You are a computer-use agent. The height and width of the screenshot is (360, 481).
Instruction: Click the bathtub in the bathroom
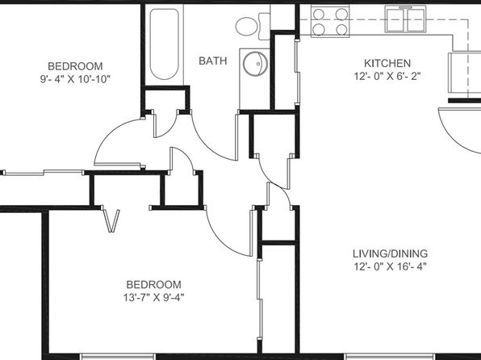coord(165,44)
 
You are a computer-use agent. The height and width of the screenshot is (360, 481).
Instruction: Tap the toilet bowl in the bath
coord(246,26)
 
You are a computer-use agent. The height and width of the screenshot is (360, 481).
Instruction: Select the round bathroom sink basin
coord(255,64)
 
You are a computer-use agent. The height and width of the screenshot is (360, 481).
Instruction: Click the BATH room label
coord(213,61)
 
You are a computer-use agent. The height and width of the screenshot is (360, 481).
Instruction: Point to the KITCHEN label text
coord(387,63)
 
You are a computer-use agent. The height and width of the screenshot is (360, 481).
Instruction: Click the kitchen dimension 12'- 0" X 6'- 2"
coord(387,76)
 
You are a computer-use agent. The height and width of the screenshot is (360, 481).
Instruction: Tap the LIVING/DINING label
coord(390,253)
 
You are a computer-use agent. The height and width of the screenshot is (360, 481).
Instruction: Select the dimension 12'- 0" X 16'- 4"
coord(390,266)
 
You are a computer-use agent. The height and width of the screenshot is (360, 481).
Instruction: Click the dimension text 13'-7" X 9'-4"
coord(153,297)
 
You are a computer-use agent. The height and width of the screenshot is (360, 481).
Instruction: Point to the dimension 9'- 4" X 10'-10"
coord(75,79)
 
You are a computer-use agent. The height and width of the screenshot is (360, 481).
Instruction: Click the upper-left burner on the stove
coord(319,14)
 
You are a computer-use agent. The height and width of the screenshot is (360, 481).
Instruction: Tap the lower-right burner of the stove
coord(341,30)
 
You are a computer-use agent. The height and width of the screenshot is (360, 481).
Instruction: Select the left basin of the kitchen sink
coord(396,20)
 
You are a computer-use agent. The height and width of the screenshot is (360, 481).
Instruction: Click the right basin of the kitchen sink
coord(416,20)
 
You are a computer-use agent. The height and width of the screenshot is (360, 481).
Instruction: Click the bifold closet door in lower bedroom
coord(111,220)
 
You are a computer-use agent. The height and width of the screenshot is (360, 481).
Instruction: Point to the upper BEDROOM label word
coord(75,66)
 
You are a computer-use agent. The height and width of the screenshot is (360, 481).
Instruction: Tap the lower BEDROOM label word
coord(153,284)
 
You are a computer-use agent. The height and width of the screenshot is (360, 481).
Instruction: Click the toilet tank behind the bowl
coord(264,27)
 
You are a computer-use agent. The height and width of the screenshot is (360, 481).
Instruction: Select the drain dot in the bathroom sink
coord(258,64)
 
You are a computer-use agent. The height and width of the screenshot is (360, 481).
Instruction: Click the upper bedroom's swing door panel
coord(119,165)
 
